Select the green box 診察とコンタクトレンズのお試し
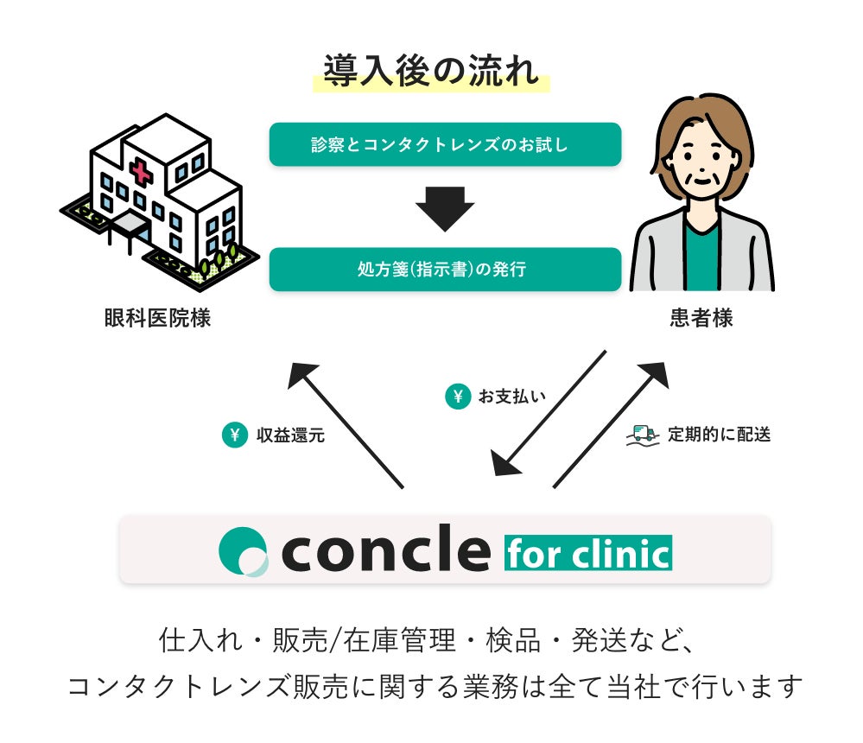point(445,144)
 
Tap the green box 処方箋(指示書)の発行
point(445,270)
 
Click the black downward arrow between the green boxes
point(445,208)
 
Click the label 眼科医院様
point(157,319)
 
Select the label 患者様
point(701,319)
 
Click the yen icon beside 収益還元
point(233,435)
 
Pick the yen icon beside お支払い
point(457,397)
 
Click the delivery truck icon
point(643,434)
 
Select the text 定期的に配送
point(719,435)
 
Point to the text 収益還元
point(290,435)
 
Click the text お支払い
point(511,397)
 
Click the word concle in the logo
point(385,549)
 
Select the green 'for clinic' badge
point(587,552)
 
